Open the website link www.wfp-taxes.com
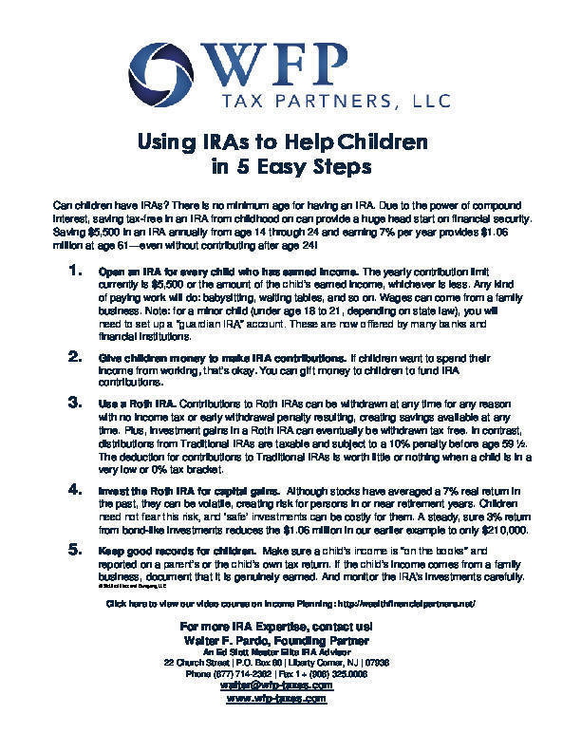click(x=277, y=698)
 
